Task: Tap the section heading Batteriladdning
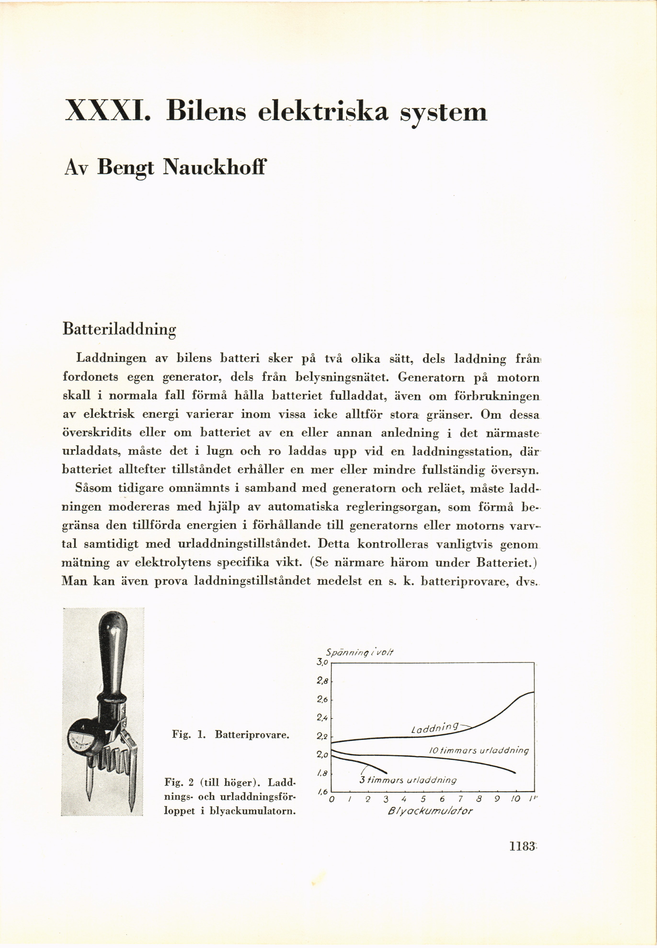119,330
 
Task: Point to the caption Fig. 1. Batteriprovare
230,734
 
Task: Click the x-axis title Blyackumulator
430,811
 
